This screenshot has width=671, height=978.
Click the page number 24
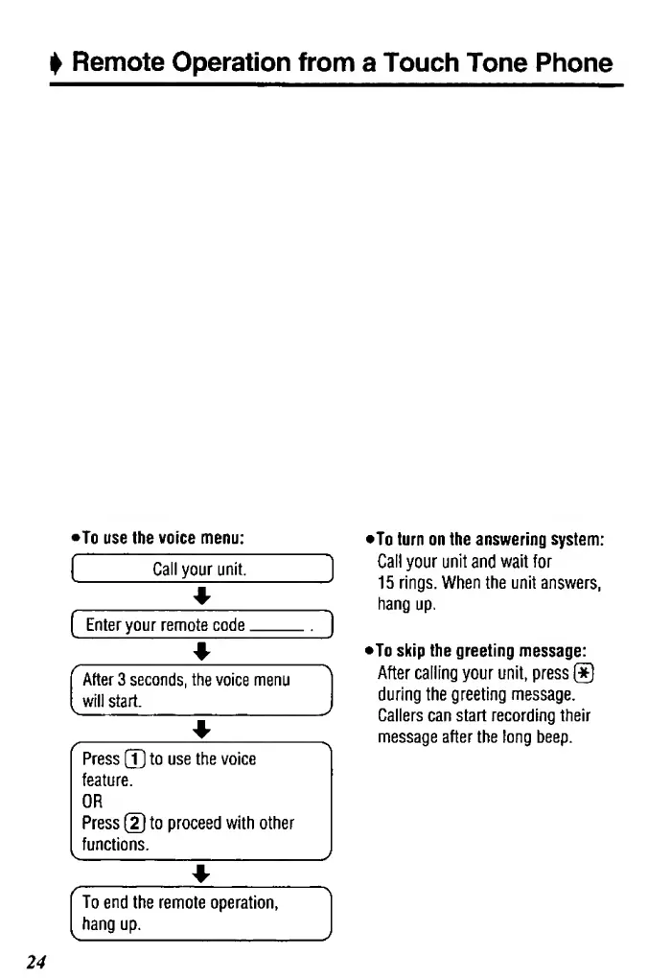click(x=37, y=960)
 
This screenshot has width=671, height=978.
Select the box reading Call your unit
click(x=200, y=570)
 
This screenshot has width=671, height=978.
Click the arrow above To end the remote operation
click(x=200, y=873)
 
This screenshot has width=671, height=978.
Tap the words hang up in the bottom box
click(x=112, y=924)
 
